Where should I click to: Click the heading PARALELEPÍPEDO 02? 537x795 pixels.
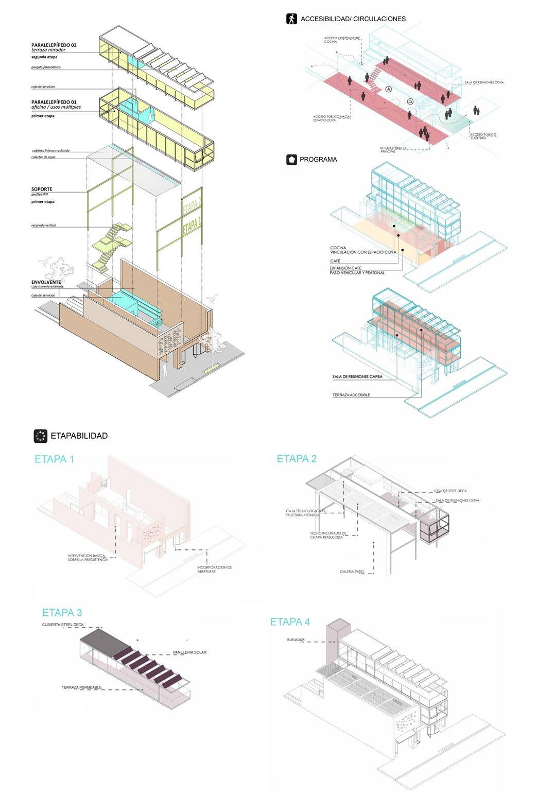tap(54, 45)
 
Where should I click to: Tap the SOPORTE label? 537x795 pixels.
tap(41, 189)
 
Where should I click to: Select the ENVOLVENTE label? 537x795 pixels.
tap(45, 283)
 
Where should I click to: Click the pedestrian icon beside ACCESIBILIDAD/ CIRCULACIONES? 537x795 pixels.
tap(291, 19)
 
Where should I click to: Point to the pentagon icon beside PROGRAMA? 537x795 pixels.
tap(291, 160)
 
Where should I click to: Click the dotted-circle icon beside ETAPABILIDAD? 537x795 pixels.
tap(40, 436)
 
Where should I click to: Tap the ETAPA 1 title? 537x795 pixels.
tap(54, 459)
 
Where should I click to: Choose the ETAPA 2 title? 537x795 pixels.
tap(297, 459)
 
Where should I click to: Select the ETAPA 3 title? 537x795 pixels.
tap(62, 613)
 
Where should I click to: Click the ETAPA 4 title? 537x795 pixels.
tap(290, 622)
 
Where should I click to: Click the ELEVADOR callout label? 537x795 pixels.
tap(297, 640)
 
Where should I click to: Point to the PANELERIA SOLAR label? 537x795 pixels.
tap(190, 652)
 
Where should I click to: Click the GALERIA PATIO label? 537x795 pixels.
tap(353, 572)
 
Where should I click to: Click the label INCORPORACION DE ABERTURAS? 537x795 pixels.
tap(215, 569)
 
